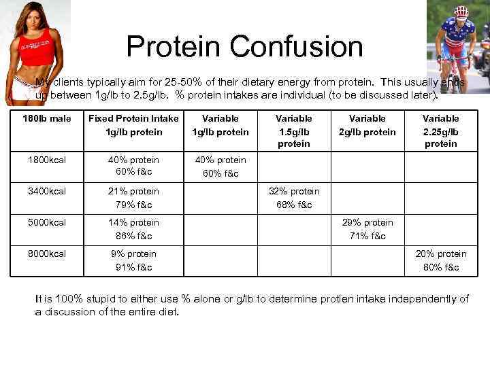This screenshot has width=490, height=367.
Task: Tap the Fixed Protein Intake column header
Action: pyautogui.click(x=133, y=125)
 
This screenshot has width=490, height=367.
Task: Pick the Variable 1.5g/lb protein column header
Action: pyautogui.click(x=293, y=131)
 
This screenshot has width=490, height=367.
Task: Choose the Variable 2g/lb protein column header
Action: pyautogui.click(x=367, y=125)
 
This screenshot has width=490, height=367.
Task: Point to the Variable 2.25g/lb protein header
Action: pyautogui.click(x=440, y=131)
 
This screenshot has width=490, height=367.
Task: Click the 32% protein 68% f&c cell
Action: pyautogui.click(x=293, y=198)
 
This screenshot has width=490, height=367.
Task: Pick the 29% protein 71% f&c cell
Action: pyautogui.click(x=367, y=229)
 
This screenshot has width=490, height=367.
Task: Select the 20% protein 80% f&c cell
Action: pyautogui.click(x=440, y=260)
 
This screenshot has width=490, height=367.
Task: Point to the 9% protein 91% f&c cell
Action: pyautogui.click(x=133, y=260)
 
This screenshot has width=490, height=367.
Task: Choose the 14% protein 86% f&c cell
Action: pyautogui.click(x=133, y=229)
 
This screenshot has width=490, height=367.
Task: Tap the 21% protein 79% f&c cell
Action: pyautogui.click(x=133, y=198)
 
